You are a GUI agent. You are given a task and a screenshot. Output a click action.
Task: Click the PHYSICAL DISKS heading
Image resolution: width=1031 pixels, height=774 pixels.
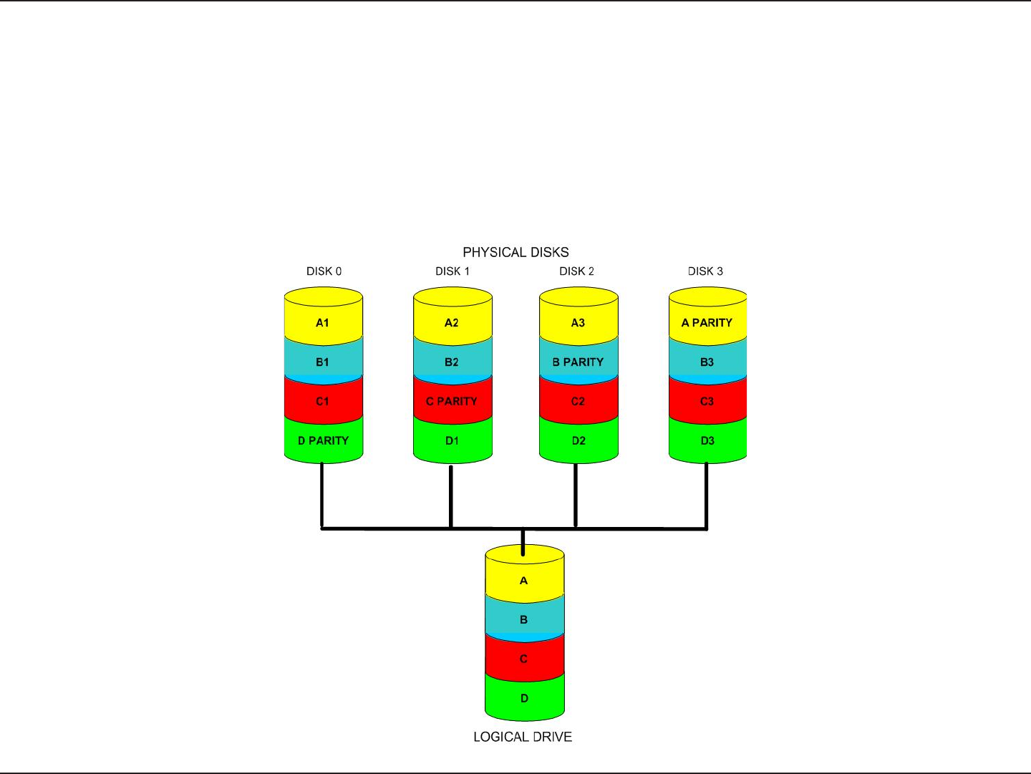515,252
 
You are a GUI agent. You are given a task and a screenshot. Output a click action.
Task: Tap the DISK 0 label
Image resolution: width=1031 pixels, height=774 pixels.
324,271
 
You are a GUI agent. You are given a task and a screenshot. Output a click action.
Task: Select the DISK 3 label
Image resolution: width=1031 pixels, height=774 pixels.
705,271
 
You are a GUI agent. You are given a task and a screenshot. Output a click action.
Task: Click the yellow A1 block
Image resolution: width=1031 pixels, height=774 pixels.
323,322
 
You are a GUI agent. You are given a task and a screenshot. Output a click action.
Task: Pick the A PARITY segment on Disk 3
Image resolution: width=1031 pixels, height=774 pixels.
707,322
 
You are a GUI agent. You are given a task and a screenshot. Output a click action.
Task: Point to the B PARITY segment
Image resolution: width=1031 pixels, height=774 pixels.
578,362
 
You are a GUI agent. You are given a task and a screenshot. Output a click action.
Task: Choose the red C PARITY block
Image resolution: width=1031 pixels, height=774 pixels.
452,401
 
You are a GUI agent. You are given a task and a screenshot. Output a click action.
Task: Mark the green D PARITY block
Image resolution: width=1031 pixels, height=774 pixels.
323,440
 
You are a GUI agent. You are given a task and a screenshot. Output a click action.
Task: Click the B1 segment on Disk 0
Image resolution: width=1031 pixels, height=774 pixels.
323,362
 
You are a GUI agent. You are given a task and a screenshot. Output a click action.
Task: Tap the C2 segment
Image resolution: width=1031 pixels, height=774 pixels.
578,401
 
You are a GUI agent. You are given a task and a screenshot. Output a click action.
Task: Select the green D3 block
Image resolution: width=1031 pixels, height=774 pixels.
707,440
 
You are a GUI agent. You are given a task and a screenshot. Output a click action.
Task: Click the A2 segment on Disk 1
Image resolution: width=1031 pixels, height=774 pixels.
452,322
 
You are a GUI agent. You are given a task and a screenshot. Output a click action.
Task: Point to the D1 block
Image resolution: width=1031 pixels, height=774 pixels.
452,440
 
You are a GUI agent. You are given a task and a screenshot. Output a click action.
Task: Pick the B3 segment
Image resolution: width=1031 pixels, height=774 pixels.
707,362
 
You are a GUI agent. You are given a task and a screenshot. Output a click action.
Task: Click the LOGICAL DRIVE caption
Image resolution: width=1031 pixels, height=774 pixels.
523,737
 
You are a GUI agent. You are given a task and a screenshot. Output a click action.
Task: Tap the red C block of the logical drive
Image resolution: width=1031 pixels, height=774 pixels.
524,659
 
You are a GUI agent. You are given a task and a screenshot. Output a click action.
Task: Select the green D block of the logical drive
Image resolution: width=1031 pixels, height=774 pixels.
524,698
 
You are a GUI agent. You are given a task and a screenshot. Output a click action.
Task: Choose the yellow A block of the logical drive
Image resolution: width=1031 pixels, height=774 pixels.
524,580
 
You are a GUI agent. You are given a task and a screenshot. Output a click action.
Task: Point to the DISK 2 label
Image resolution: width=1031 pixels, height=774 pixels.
576,271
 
